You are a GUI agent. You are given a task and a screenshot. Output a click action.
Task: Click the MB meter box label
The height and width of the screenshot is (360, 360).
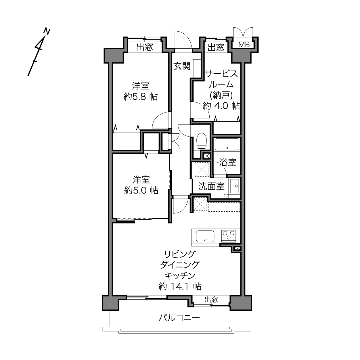(x=244, y=45)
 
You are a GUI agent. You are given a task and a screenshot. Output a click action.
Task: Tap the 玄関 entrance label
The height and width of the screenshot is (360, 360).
(x=182, y=66)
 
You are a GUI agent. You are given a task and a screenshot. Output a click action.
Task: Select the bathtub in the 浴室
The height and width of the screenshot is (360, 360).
(x=227, y=144)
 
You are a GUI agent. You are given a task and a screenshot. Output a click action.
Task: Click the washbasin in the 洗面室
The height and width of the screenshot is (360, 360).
(x=235, y=186)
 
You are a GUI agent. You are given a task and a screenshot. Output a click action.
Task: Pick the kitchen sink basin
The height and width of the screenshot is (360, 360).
(x=205, y=236)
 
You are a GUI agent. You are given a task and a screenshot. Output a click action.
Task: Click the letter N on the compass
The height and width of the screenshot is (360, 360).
(x=47, y=31)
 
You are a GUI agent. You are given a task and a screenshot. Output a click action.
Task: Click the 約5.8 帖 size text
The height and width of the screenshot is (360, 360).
(x=141, y=97)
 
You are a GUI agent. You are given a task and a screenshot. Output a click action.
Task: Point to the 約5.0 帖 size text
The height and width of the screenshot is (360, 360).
(x=141, y=191)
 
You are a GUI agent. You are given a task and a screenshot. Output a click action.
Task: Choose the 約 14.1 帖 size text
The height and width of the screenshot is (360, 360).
(x=180, y=286)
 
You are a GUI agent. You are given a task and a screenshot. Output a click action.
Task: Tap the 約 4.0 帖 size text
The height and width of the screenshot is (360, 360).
(x=221, y=106)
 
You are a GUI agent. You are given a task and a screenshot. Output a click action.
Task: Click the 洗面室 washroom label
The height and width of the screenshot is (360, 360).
(x=211, y=186)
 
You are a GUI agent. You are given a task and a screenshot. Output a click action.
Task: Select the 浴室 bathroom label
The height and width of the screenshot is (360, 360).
(x=228, y=162)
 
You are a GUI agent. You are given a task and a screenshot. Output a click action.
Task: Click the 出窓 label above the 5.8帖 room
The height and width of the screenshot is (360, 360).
(x=145, y=47)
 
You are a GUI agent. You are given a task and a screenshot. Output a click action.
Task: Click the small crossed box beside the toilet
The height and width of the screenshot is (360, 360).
(x=206, y=156)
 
